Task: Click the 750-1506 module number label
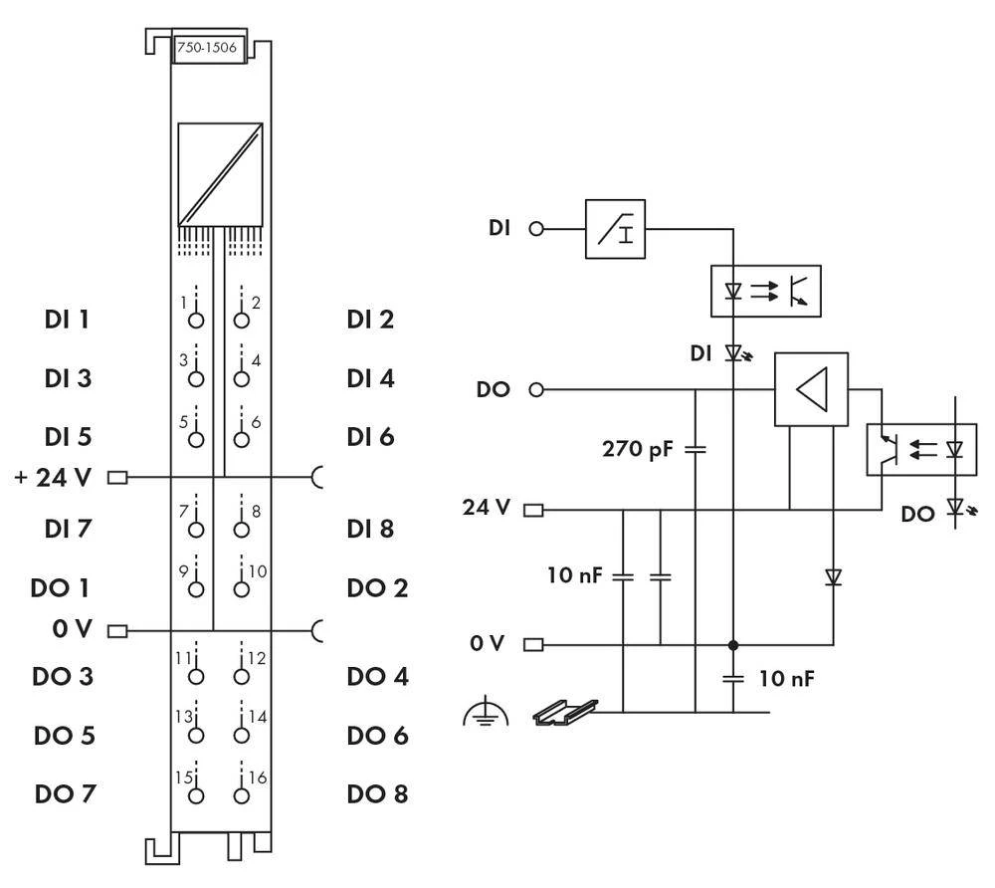(x=209, y=50)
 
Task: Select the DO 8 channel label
(x=377, y=794)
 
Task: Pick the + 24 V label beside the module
(x=53, y=477)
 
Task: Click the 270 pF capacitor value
(x=638, y=448)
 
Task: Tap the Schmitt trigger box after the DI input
(x=615, y=229)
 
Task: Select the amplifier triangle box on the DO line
(x=811, y=389)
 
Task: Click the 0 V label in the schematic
(x=489, y=644)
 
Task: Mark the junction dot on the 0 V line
(x=733, y=644)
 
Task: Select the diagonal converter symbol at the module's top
(x=220, y=173)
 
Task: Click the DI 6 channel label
(x=370, y=436)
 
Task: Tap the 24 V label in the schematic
(x=487, y=509)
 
